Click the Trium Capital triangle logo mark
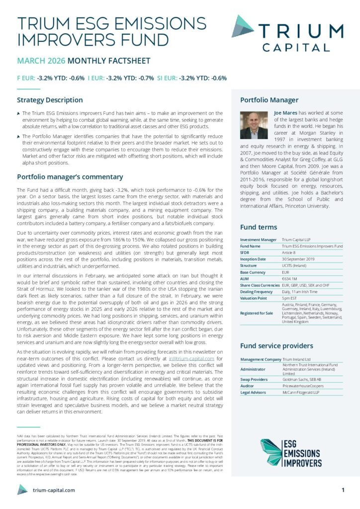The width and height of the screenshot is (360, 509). pos(243,26)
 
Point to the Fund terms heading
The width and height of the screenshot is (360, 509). pos(259,227)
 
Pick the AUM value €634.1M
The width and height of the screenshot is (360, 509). pos(289,279)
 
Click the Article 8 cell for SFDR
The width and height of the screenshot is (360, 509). pos(290,253)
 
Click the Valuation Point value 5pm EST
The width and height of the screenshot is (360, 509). pos(290,298)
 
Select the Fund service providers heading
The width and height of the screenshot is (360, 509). pos(276,345)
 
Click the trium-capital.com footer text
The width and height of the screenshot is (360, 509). pos(54,490)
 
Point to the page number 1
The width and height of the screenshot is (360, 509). pos(343,490)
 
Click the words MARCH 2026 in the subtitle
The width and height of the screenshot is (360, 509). pos(41,61)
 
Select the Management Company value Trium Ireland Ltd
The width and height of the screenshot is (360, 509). pos(296,359)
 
